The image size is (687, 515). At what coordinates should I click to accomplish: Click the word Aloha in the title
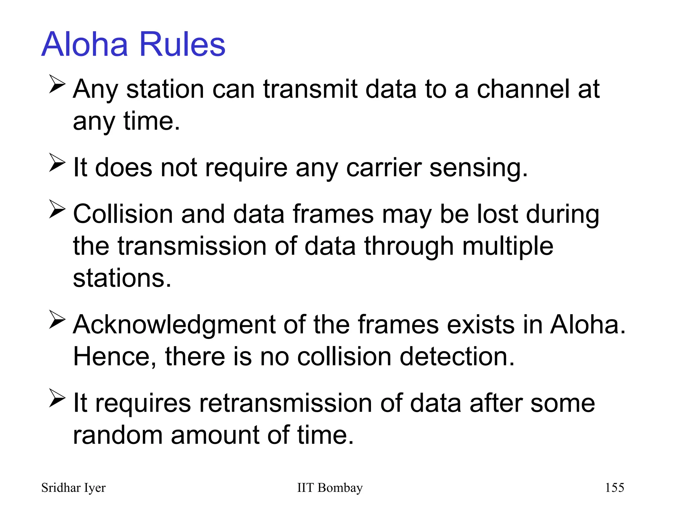tap(85, 44)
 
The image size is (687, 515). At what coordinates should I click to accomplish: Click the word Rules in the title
tap(182, 44)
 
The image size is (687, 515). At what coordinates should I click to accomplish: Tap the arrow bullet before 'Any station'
tap(57, 84)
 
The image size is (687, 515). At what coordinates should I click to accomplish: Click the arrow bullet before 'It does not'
tap(57, 163)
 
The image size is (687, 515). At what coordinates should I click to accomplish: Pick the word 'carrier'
tap(383, 168)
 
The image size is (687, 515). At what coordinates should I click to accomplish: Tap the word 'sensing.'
tap(479, 168)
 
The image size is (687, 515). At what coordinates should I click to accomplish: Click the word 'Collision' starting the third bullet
tap(123, 214)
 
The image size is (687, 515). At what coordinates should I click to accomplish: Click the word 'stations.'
tap(122, 278)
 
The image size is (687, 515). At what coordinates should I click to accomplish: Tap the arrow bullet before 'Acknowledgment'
tap(57, 319)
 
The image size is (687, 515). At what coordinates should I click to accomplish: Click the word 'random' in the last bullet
tap(118, 435)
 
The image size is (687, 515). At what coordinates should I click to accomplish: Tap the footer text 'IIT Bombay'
tap(330, 488)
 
